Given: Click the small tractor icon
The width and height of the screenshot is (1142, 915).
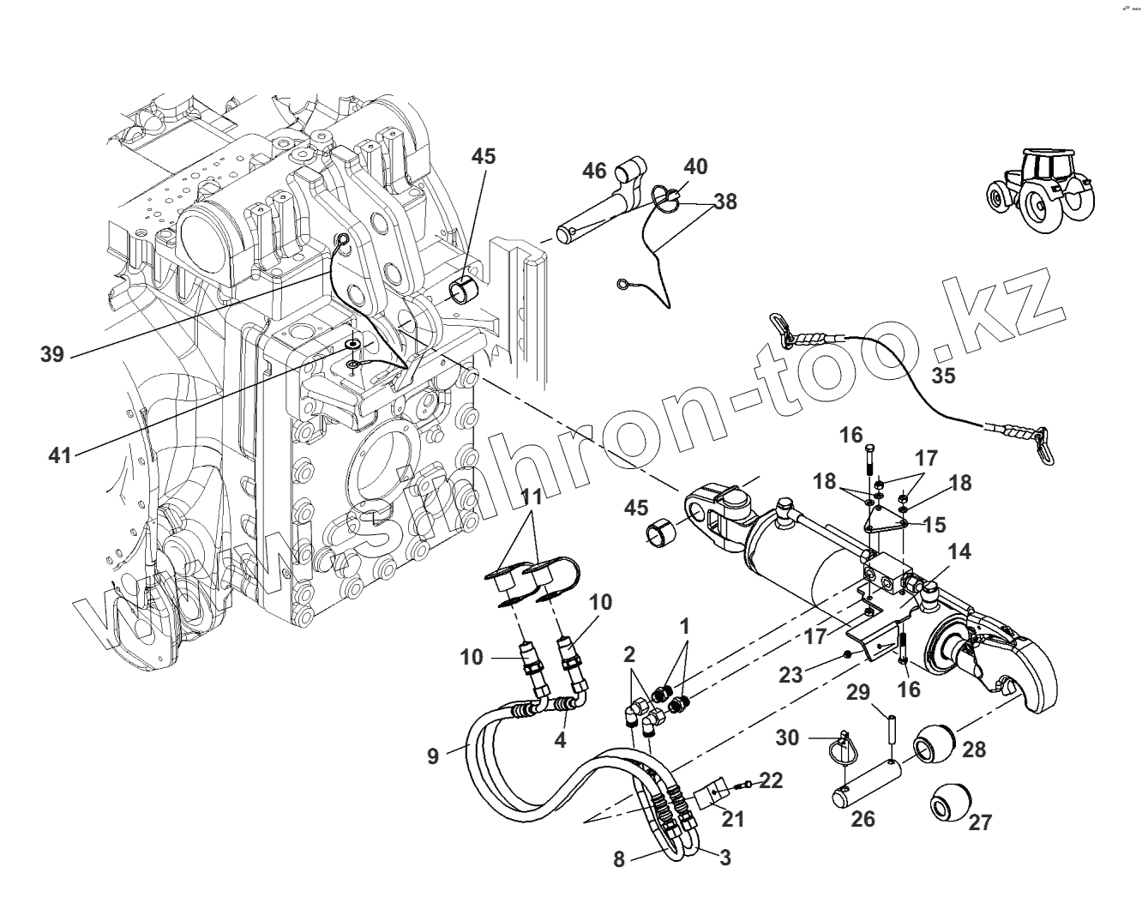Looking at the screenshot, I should (x=1038, y=190).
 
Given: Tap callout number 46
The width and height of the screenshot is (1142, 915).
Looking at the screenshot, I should (x=594, y=171).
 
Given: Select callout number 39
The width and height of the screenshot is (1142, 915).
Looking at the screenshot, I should (x=52, y=354).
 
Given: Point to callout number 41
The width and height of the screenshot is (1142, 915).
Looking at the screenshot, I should (x=59, y=454).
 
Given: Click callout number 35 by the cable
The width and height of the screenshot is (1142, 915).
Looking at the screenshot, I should (x=943, y=375).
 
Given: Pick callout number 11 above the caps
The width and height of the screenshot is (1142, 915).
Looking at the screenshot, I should (x=532, y=496).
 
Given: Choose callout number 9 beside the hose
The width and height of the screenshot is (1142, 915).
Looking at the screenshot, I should (x=433, y=755).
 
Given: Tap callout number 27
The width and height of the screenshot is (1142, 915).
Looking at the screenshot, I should (x=979, y=822).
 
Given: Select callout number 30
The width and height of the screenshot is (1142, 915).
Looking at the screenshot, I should (x=788, y=737).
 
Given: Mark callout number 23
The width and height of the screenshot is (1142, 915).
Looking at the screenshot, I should (x=790, y=674).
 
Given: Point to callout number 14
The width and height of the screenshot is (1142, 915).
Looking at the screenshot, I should (x=959, y=551).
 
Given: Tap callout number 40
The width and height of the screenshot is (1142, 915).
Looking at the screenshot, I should (x=695, y=166).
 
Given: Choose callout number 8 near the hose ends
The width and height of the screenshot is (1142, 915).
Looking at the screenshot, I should (x=619, y=858).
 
